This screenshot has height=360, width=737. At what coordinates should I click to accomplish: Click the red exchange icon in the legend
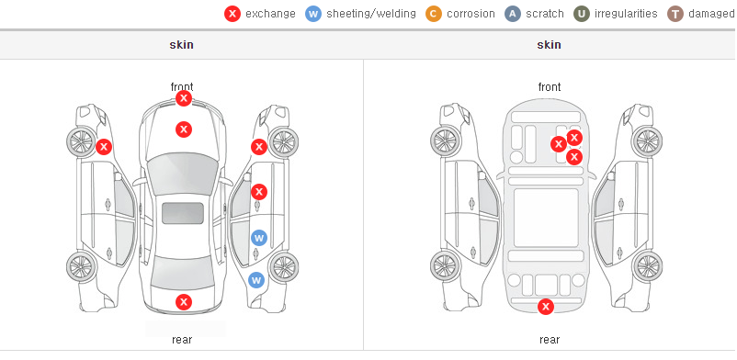(232, 14)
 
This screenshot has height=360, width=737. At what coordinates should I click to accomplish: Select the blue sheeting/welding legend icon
(313, 14)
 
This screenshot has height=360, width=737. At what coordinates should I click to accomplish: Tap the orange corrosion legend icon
(434, 14)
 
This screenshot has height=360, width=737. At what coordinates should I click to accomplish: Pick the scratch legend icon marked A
(513, 14)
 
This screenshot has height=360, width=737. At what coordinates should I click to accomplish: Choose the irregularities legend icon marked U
(582, 14)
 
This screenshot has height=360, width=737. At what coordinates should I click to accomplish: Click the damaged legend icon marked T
(675, 14)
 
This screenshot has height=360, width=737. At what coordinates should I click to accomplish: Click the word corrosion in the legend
(471, 14)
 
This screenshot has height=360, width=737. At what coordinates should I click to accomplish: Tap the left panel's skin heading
(181, 45)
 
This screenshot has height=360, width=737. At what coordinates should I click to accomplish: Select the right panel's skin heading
(549, 45)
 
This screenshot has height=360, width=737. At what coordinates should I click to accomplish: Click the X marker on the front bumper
(184, 98)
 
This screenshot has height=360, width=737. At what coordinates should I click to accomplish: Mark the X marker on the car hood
(184, 129)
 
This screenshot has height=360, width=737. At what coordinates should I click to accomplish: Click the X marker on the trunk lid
(184, 302)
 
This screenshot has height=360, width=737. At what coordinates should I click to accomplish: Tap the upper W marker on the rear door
(259, 238)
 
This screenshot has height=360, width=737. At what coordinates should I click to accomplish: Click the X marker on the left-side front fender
(104, 147)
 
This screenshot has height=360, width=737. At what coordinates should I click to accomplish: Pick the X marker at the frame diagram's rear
(546, 307)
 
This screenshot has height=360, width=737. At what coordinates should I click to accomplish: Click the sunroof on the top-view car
(183, 213)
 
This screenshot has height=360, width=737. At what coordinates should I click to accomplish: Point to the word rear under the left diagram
(182, 340)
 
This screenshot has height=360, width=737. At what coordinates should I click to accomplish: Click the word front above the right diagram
(550, 87)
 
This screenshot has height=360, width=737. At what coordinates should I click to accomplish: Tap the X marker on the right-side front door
(259, 192)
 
